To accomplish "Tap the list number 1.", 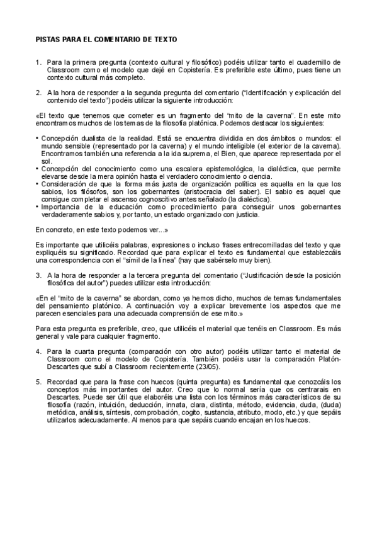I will point(38,62).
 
